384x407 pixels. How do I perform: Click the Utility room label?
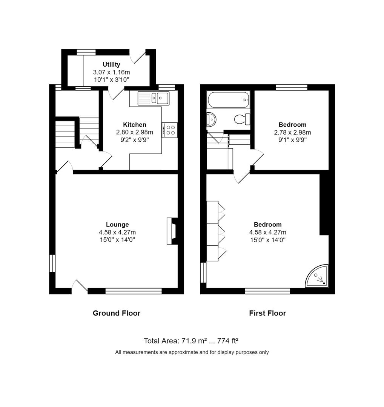click(111, 64)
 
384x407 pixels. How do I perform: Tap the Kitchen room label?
click(135, 125)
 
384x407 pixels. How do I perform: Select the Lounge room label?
click(117, 225)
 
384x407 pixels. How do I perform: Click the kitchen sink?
click(154, 98)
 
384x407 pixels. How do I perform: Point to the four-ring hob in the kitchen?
click(170, 130)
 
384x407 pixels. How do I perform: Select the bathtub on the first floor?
click(228, 100)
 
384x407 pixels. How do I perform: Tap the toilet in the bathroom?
click(242, 119)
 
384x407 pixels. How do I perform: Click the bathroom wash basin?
click(211, 119)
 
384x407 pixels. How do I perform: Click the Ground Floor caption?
click(117, 313)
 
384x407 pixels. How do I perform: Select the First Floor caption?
click(267, 313)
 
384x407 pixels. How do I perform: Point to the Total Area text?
click(191, 341)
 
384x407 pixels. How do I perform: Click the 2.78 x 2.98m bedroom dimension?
click(292, 132)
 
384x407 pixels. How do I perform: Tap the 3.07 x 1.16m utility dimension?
click(111, 72)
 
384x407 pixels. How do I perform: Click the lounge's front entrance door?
click(80, 286)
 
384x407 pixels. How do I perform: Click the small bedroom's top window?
click(291, 87)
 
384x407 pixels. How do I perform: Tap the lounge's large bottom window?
click(134, 291)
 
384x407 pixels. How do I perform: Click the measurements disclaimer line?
click(192, 352)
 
